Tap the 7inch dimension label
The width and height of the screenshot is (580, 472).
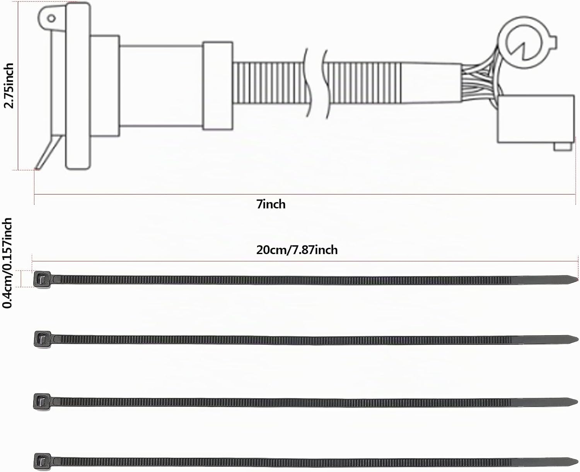[x=271, y=204]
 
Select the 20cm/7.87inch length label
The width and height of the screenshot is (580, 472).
[x=297, y=250]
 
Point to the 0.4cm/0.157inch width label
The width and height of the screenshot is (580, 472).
[x=7, y=263]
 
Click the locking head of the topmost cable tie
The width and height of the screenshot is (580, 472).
[x=42, y=279]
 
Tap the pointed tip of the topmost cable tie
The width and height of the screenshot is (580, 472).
[x=577, y=279]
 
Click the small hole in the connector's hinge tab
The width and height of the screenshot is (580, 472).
[x=51, y=19]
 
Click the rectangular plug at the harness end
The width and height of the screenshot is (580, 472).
[x=536, y=119]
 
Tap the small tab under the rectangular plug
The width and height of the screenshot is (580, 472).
[x=562, y=147]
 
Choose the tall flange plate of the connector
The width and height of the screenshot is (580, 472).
[x=78, y=86]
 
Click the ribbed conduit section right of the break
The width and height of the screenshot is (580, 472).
[x=363, y=83]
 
